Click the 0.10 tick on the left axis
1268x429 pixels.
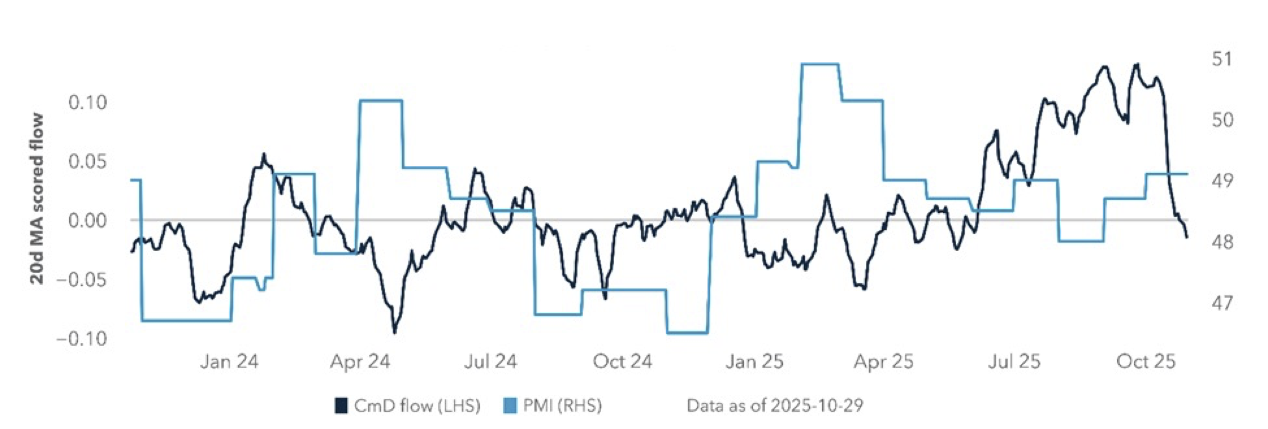click(87, 103)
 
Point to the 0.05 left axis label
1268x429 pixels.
click(87, 161)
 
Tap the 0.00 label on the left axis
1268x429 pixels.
click(87, 221)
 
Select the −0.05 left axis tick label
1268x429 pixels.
click(82, 280)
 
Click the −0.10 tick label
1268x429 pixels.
click(82, 339)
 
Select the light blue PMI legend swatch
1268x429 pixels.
click(510, 406)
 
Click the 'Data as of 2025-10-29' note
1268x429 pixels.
click(775, 406)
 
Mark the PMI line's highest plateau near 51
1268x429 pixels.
click(820, 64)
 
